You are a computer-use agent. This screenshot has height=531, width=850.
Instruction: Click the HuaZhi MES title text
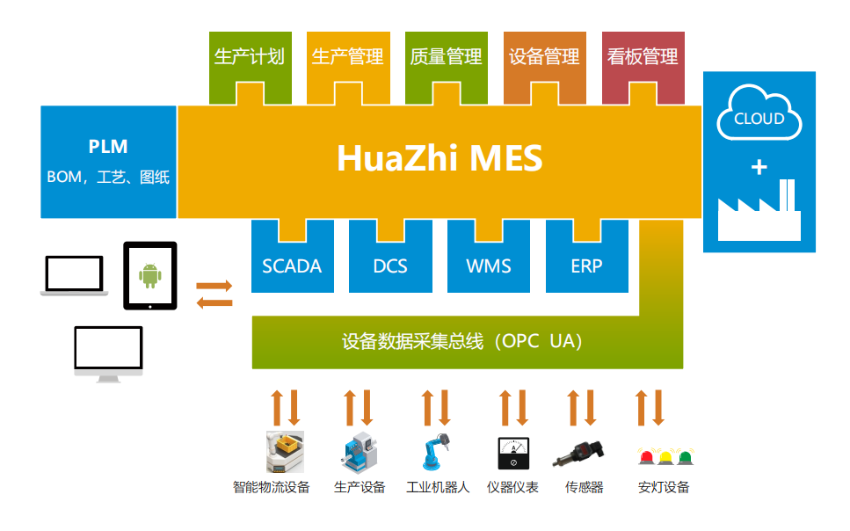[440, 159]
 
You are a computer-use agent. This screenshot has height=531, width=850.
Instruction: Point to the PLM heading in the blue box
[108, 146]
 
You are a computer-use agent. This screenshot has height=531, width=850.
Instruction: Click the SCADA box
[292, 265]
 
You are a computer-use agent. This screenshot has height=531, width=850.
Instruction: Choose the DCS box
[390, 265]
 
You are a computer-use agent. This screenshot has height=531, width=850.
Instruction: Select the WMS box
[489, 265]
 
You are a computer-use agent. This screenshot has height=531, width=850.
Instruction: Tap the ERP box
[586, 265]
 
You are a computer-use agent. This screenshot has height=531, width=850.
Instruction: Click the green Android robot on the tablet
[150, 275]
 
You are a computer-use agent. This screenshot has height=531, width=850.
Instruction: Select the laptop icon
[75, 276]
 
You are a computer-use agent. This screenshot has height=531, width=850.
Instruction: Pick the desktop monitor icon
[108, 352]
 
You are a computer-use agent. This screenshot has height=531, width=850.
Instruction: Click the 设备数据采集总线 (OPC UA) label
[461, 341]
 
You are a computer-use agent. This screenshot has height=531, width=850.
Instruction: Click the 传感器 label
[584, 487]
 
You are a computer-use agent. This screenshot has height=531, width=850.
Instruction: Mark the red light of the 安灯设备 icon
[646, 456]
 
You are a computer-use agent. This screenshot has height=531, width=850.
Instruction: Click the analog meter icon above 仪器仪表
[512, 453]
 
